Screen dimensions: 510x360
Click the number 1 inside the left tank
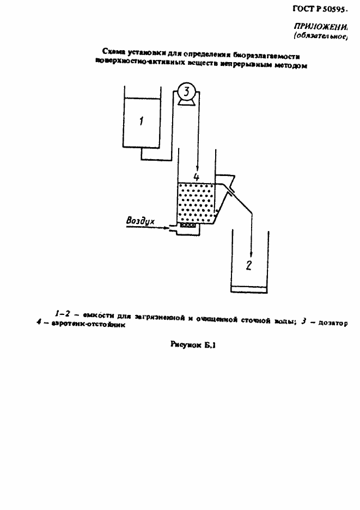141,121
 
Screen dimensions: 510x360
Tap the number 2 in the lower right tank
249,266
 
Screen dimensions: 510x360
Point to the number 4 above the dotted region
197,177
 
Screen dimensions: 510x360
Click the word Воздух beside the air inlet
141,221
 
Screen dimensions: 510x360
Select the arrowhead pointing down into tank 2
251,254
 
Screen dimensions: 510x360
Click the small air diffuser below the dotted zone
188,225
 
